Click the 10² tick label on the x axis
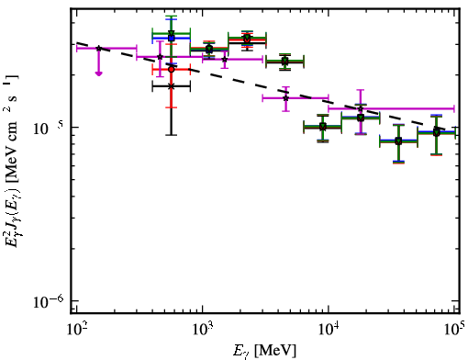coord(76,330)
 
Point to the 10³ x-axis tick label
coord(203,330)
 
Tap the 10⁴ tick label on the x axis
coord(329,330)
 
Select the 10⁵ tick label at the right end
coord(456,329)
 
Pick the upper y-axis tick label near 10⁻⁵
coord(48,129)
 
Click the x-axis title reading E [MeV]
coord(264,351)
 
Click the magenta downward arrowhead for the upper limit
coord(98,73)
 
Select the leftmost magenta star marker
coord(98,49)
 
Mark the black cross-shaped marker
coord(172,86)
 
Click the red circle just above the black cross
coord(172,70)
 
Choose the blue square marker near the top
coord(172,38)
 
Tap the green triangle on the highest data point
coord(172,33)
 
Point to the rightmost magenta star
coord(361,108)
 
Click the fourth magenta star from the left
coord(285,98)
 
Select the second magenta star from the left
coord(160,57)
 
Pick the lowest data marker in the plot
coord(398,141)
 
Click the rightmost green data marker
coord(437,132)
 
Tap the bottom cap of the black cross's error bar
coord(172,135)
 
